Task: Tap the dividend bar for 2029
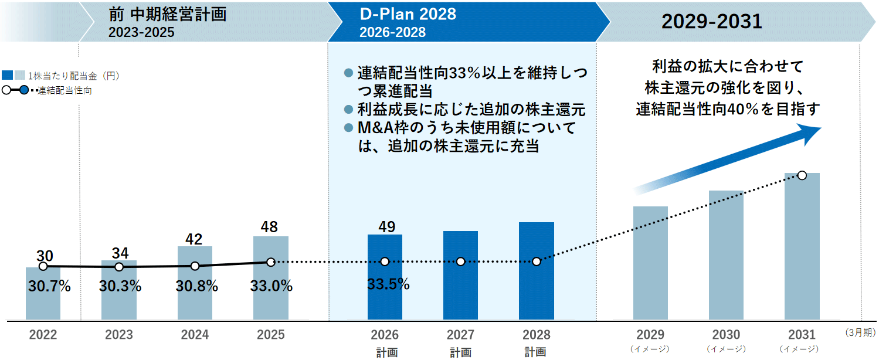point(650,264)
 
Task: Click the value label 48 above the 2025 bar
point(270,227)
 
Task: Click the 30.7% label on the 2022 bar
point(49,287)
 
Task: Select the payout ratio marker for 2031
point(802,175)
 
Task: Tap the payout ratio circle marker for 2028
point(536,261)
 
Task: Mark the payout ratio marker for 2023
point(119,267)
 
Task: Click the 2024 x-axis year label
point(195,335)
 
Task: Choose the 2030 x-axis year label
point(726,335)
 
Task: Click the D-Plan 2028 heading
point(408,14)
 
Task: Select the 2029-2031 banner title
point(711,22)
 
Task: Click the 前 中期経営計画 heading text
point(167,14)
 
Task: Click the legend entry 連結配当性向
point(65,91)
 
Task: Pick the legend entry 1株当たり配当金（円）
point(70,75)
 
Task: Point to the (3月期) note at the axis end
point(860,332)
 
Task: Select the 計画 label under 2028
point(536,352)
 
